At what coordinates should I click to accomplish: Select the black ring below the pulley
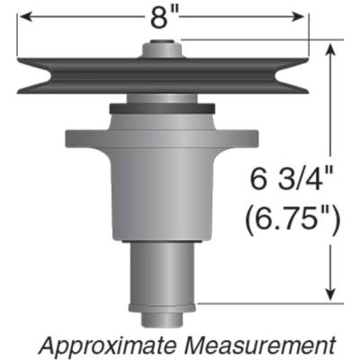163,110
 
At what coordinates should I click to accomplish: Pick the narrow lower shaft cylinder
163,270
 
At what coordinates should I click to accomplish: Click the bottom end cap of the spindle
163,314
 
